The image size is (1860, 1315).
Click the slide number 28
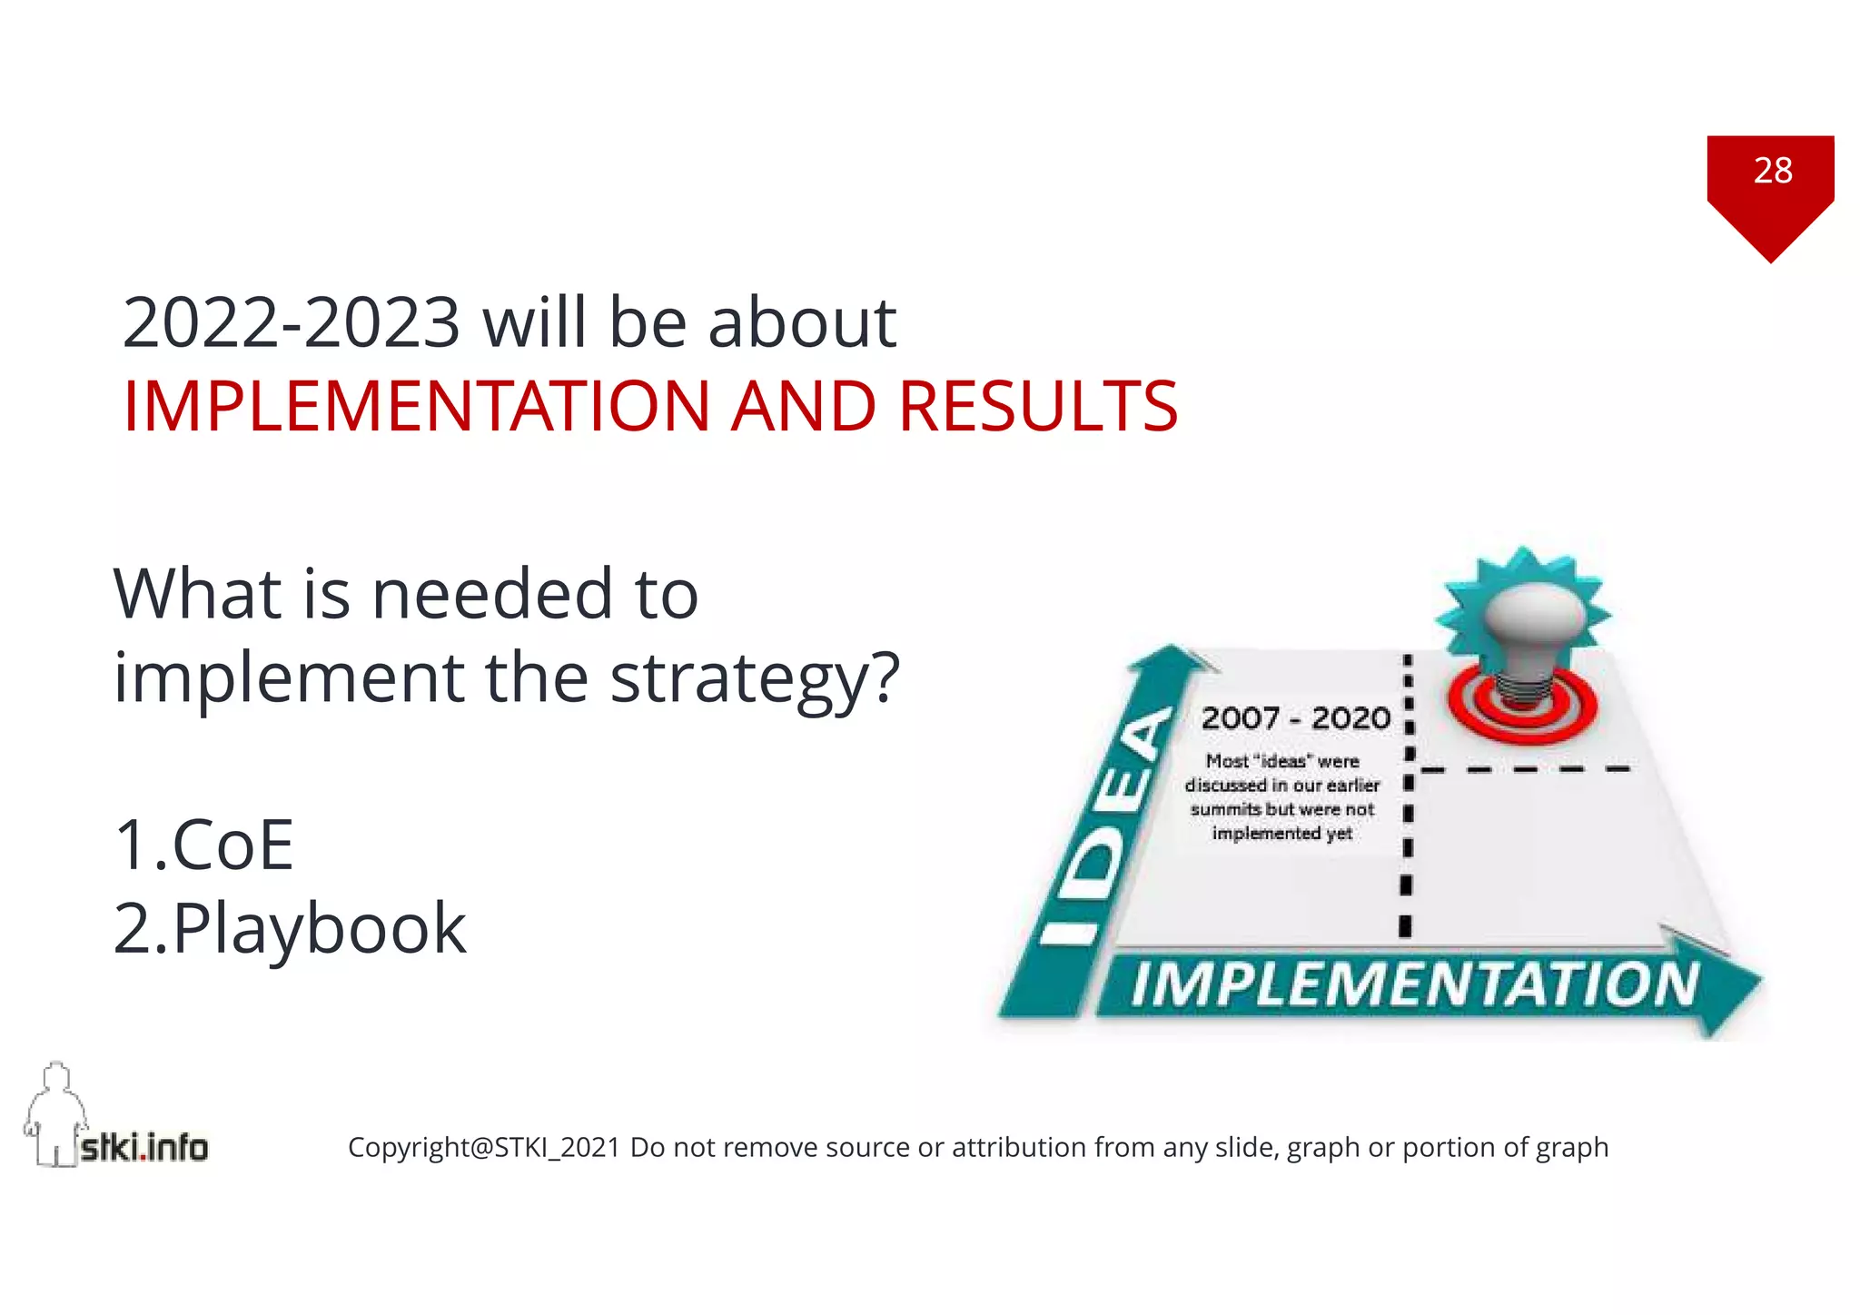[1772, 171]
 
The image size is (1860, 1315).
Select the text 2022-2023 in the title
[291, 322]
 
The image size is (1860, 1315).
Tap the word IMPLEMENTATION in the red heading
[416, 406]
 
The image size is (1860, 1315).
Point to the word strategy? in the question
[754, 678]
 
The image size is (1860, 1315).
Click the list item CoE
[232, 845]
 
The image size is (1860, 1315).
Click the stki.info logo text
[144, 1148]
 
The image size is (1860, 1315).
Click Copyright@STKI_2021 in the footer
[483, 1148]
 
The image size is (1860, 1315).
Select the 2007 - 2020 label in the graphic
[1295, 718]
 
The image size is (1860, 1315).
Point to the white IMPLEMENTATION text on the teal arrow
[1414, 984]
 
